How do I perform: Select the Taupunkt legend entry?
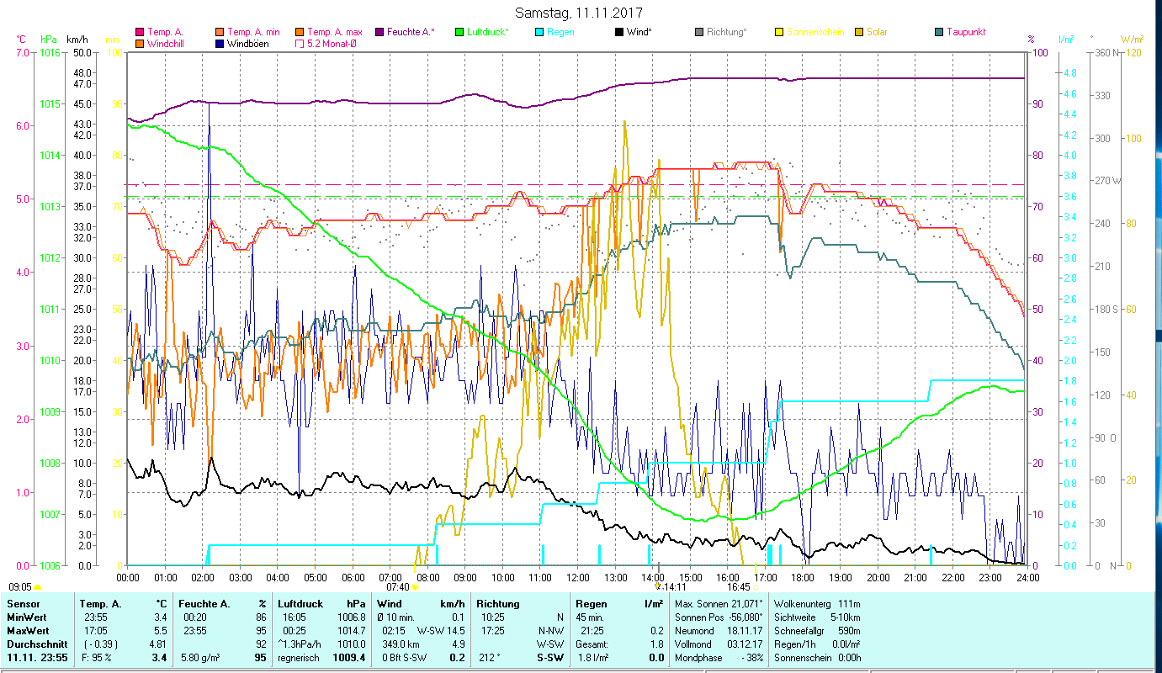pyautogui.click(x=965, y=32)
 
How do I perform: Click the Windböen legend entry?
pyautogui.click(x=249, y=43)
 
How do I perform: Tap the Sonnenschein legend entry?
pyautogui.click(x=814, y=32)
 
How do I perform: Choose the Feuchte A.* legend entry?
pyautogui.click(x=411, y=32)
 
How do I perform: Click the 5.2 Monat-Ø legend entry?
pyautogui.click(x=330, y=43)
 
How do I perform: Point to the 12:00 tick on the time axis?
pyautogui.click(x=578, y=577)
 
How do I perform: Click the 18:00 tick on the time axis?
pyautogui.click(x=803, y=577)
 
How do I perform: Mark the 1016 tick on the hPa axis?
pyautogui.click(x=50, y=52)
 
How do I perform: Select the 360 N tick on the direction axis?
pyautogui.click(x=1106, y=52)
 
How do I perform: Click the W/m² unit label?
pyautogui.click(x=1130, y=39)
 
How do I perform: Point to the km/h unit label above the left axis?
pyautogui.click(x=77, y=39)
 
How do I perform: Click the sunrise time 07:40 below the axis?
pyautogui.click(x=397, y=587)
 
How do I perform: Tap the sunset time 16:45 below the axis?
pyautogui.click(x=738, y=587)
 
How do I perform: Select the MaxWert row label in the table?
pyautogui.click(x=28, y=630)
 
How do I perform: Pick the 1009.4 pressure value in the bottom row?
pyautogui.click(x=348, y=658)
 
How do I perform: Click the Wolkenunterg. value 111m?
pyautogui.click(x=850, y=604)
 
